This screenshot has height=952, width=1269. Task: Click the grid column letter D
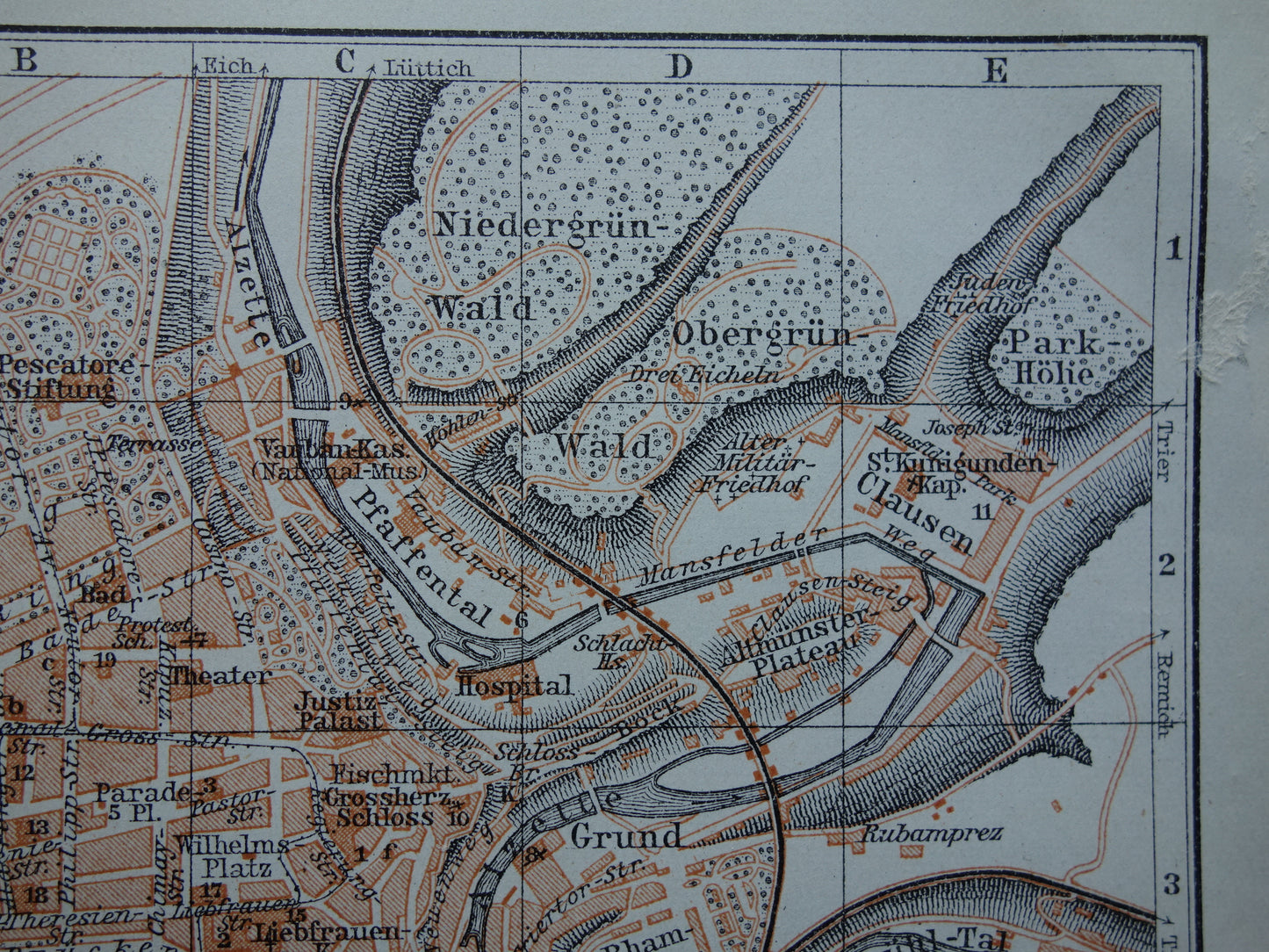click(678, 66)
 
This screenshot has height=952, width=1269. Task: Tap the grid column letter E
click(994, 69)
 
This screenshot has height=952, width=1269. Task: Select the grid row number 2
click(1168, 566)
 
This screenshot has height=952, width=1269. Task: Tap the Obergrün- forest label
click(770, 335)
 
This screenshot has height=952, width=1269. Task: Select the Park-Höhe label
click(1054, 357)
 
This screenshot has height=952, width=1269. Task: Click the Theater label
click(220, 675)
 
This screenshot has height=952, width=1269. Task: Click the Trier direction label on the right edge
click(1164, 451)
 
